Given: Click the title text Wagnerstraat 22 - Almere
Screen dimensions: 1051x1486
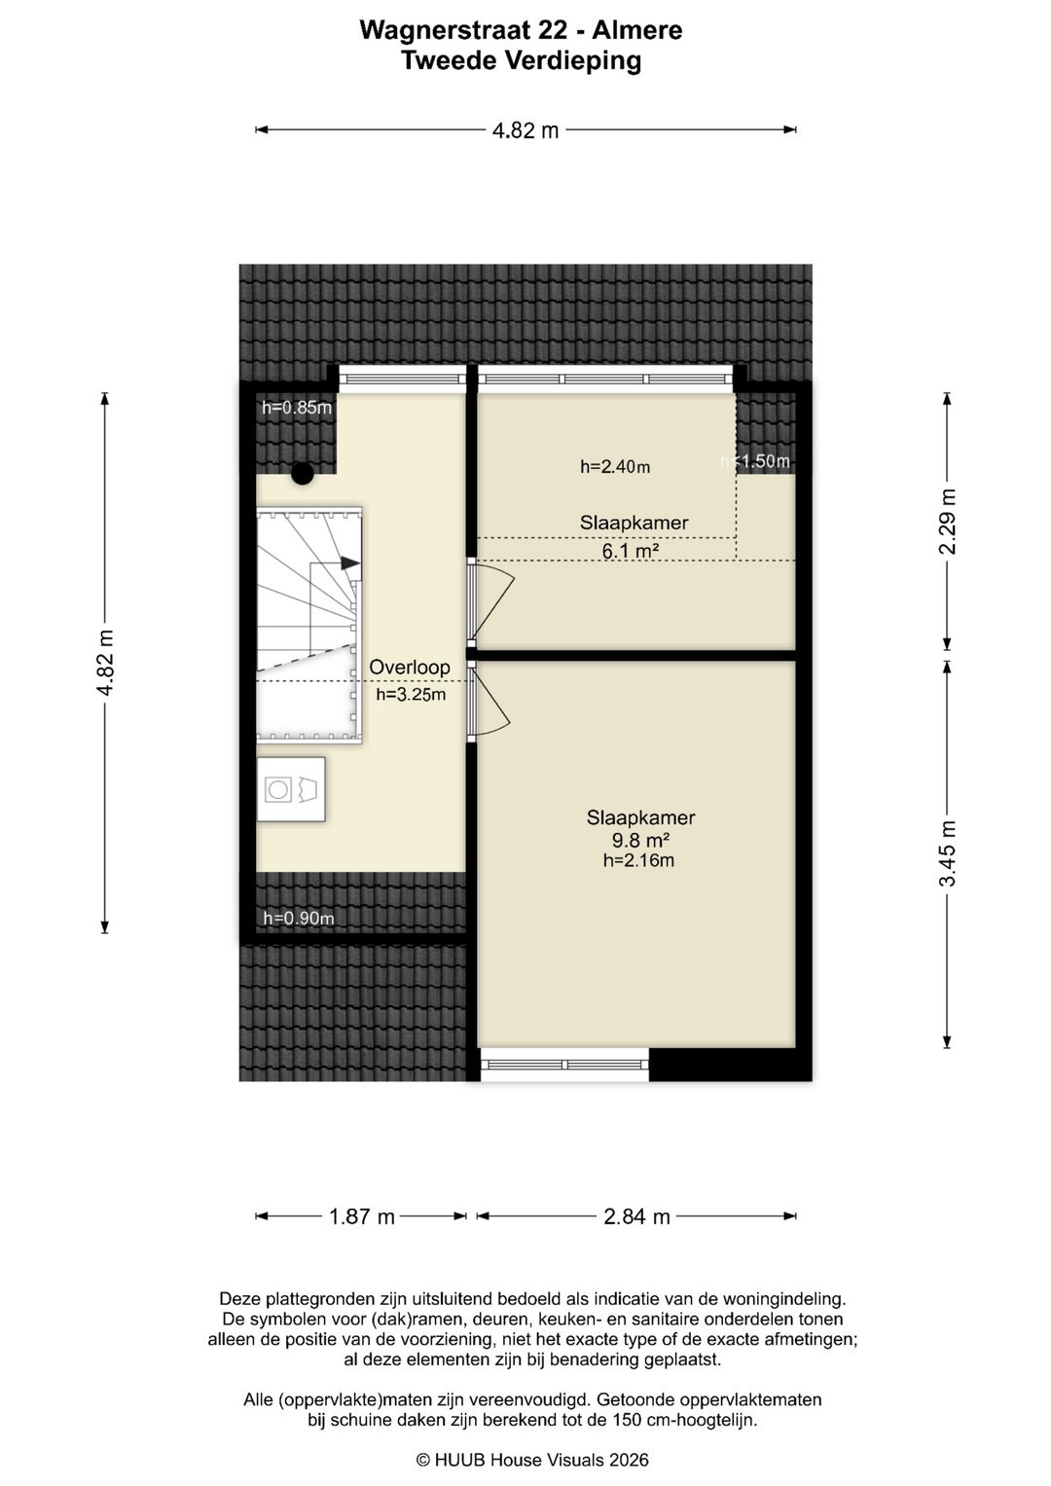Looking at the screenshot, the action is coord(521,30).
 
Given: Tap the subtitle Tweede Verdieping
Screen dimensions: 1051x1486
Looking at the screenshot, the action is coord(521,61).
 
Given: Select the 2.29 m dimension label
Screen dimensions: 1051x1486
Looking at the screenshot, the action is coord(949,521).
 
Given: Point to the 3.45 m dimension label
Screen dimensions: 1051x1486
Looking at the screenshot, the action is coord(949,853).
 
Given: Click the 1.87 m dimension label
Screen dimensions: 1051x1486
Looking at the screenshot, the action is coord(362,1216).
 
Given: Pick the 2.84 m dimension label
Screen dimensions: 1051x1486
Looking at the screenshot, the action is coord(636,1216).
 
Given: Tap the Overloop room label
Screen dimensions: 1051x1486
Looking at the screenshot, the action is coord(410,667).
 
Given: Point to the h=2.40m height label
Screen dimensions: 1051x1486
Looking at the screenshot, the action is coord(615,467).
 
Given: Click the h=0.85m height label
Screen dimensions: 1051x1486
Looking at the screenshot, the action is coord(296,408).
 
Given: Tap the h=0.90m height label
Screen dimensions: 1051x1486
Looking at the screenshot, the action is coord(299,918).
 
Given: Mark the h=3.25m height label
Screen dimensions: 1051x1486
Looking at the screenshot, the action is coord(411,695).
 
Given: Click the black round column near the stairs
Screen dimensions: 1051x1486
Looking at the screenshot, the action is coord(303,474).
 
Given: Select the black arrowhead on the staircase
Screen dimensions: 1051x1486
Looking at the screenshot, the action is coord(349,563).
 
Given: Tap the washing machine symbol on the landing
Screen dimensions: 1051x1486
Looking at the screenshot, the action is coord(291,789).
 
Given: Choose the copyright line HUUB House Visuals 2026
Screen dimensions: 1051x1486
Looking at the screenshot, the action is coord(532,1460).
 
